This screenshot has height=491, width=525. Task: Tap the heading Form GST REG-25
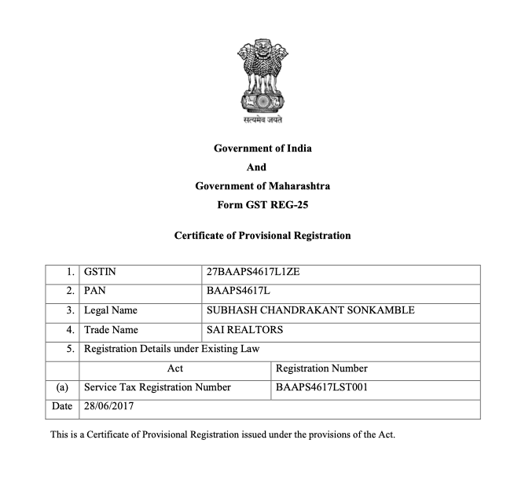(262, 204)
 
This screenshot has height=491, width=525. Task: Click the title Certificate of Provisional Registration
(262, 235)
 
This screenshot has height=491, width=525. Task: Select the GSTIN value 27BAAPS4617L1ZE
(253, 273)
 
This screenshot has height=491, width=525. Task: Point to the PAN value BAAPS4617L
(238, 291)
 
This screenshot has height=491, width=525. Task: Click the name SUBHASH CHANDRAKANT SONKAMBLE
(310, 310)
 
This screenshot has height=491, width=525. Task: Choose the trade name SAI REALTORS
(244, 330)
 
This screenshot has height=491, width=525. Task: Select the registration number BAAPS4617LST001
(322, 387)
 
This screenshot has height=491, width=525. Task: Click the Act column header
(175, 368)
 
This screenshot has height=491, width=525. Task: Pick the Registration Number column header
(321, 368)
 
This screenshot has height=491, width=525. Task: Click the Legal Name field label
(111, 311)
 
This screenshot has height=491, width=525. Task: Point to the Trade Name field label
(111, 330)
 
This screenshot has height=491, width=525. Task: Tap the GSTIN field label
(101, 273)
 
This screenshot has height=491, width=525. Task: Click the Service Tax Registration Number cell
(157, 387)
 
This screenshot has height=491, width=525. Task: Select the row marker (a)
(62, 387)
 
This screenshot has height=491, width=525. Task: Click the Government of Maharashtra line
(262, 186)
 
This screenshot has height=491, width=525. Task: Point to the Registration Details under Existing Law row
(171, 349)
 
